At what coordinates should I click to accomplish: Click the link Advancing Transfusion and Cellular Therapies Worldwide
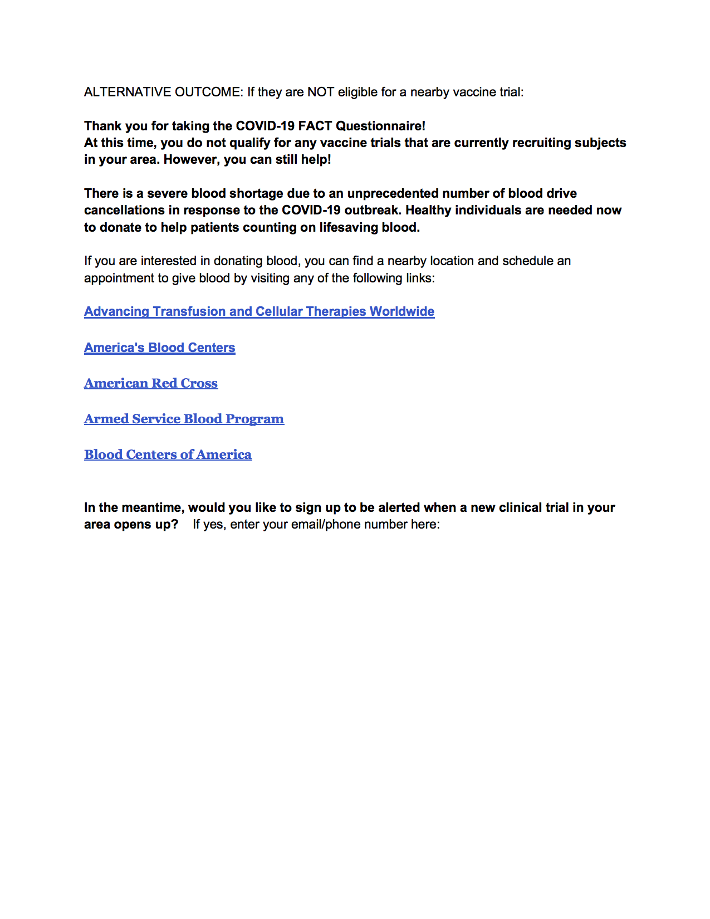tap(259, 311)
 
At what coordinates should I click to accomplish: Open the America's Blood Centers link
tap(159, 348)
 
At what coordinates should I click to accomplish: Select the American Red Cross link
tap(151, 383)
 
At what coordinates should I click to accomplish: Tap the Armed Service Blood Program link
tap(184, 419)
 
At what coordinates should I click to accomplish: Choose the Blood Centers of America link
tap(168, 454)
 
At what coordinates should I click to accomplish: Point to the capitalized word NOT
tap(320, 92)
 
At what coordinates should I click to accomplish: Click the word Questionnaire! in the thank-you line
tap(380, 126)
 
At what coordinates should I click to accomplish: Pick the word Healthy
tap(428, 210)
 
